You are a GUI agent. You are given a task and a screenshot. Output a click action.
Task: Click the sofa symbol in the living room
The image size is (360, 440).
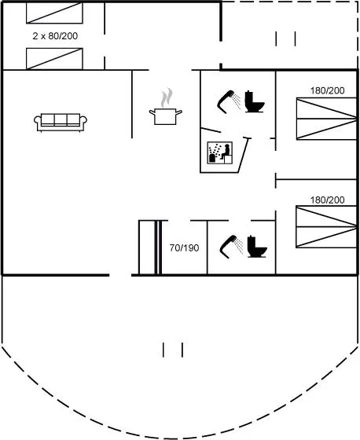point(61,122)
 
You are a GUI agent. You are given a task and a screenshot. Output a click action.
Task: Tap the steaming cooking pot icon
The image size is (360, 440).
point(165,115)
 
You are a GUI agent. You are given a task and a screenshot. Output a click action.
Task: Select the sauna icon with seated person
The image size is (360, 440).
point(219,152)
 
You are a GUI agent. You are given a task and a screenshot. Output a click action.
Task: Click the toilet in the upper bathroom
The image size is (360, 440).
point(254,101)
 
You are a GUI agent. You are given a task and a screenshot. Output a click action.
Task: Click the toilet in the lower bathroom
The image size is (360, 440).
point(257,247)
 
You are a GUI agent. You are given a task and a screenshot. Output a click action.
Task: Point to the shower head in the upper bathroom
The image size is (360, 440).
point(229,101)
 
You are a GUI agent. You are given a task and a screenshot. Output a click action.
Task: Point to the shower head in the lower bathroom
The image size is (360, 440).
point(231,247)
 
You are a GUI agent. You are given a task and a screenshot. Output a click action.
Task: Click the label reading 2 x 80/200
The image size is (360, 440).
point(55,36)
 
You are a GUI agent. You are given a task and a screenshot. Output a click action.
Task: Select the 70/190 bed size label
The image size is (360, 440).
point(184,247)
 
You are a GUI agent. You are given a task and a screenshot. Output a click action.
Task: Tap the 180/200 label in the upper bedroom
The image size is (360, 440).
point(327,90)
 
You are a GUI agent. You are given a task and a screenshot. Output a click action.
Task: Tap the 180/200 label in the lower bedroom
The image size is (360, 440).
point(327,200)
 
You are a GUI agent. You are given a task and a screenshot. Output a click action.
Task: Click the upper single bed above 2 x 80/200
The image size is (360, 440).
point(54,13)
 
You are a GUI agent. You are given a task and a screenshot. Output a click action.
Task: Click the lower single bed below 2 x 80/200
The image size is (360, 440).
point(54,59)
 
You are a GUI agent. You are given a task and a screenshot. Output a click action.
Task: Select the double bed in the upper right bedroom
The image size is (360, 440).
point(326,119)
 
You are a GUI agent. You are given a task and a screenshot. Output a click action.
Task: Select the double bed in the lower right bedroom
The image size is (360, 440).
point(326,227)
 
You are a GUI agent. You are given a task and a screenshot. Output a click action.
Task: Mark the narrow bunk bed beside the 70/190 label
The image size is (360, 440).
point(150,247)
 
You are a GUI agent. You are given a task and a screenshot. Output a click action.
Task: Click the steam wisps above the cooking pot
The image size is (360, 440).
point(167,97)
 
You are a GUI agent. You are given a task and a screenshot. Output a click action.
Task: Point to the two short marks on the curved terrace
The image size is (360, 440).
point(173,350)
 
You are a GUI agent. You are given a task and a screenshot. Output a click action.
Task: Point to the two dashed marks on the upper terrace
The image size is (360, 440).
point(285,38)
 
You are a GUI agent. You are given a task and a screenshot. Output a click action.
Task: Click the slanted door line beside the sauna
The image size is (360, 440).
point(243,155)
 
